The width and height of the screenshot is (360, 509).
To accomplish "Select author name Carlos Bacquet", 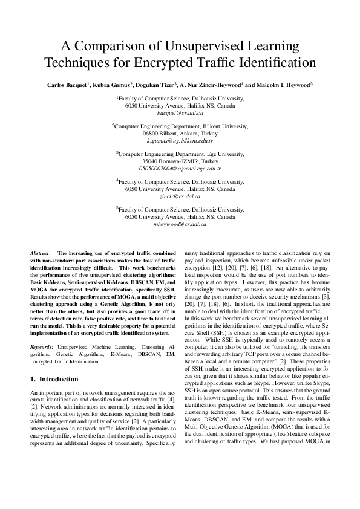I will [x=67, y=85].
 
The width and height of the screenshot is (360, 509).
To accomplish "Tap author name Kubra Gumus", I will [x=111, y=85].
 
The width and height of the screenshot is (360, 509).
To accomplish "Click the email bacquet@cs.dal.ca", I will [x=180, y=113].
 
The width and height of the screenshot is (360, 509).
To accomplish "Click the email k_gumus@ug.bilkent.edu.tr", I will [x=180, y=140].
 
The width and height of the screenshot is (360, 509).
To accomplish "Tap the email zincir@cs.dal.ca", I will [x=180, y=197].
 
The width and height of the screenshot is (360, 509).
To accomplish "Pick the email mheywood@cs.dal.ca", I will [x=180, y=224].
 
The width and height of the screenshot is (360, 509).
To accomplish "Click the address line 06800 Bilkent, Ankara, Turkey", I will [x=180, y=133].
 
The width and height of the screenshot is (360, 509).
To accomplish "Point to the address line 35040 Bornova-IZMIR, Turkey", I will [x=180, y=162].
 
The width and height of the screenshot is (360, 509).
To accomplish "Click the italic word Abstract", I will [x=41, y=251].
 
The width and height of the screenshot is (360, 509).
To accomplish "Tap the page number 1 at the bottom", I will [x=180, y=465].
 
